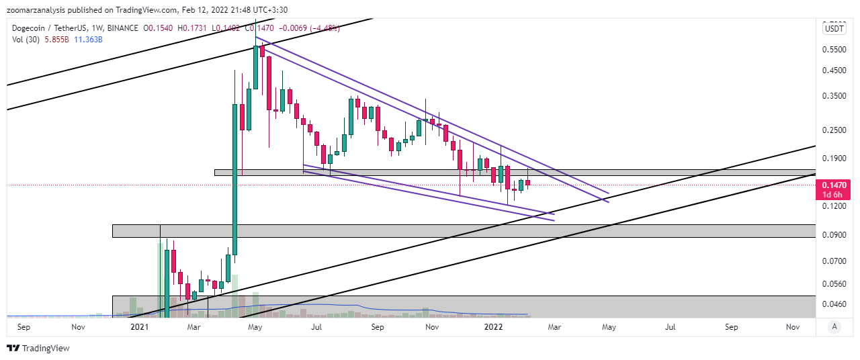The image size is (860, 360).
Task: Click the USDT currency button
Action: (834, 28)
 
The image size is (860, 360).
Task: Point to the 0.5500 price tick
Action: (834, 50)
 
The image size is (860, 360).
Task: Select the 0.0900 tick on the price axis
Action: (834, 235)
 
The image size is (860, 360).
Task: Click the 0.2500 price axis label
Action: (834, 130)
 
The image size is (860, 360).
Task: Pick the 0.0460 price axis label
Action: (834, 304)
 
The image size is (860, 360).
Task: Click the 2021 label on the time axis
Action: (139, 327)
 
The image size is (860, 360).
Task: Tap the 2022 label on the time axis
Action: (494, 327)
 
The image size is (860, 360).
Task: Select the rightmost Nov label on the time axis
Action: (792, 327)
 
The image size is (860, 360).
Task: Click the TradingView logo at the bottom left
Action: (38, 348)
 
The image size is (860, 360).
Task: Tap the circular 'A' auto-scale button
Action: (834, 326)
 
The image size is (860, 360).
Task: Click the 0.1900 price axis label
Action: (834, 159)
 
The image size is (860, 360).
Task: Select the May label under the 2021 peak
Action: (255, 327)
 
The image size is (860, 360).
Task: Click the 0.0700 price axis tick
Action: (834, 261)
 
